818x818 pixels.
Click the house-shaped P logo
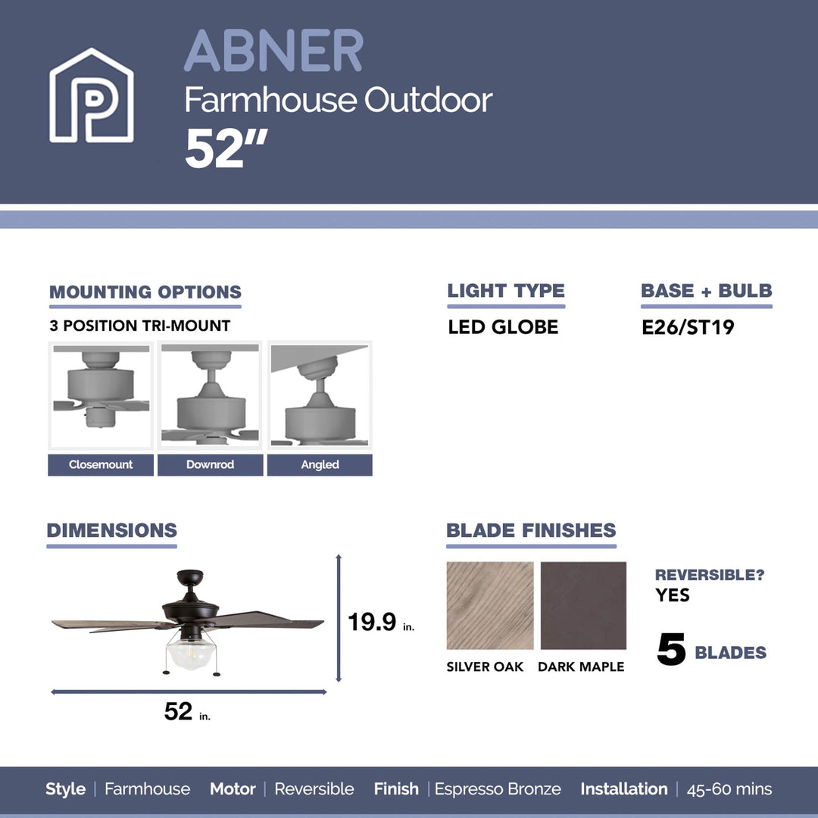tap(92, 96)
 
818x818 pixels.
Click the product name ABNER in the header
tap(273, 52)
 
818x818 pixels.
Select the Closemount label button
tap(101, 465)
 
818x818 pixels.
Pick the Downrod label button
tap(211, 465)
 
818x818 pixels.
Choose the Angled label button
tap(320, 465)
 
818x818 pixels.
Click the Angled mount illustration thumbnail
tap(320, 395)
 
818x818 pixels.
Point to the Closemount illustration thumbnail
tap(101, 395)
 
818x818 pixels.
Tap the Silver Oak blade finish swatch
tap(490, 606)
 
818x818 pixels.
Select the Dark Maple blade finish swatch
tap(583, 606)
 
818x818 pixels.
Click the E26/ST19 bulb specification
tap(688, 328)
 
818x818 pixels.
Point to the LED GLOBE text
tap(503, 328)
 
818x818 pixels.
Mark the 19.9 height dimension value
tap(373, 623)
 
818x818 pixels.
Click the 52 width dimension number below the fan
tap(179, 711)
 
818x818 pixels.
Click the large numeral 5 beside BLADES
tap(671, 651)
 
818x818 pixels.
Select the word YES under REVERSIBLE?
tap(673, 595)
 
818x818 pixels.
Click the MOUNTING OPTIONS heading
tap(145, 292)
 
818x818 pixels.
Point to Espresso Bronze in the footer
tap(498, 789)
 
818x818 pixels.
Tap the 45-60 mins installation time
tap(729, 789)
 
